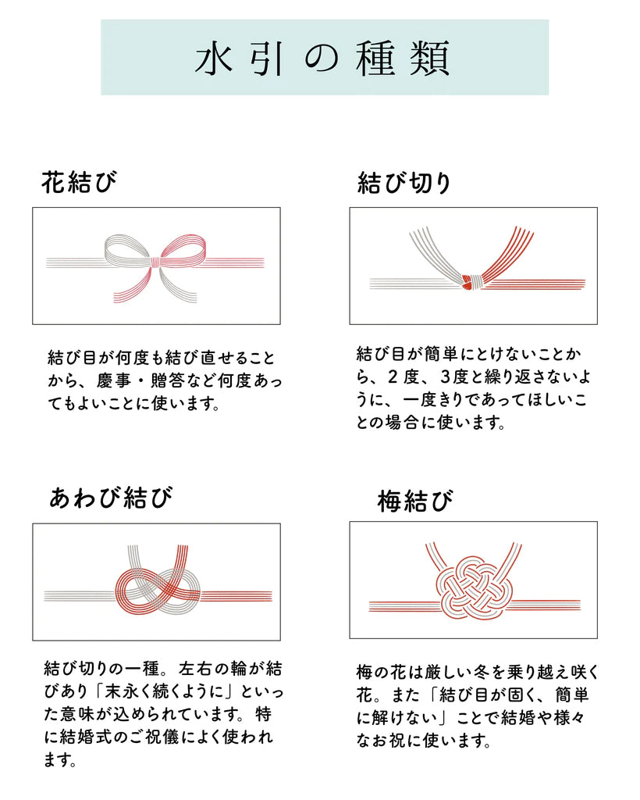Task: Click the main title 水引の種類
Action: (323, 59)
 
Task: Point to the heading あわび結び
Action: (110, 497)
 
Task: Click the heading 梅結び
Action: (414, 501)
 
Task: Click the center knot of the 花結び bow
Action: (156, 262)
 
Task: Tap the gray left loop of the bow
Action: (126, 249)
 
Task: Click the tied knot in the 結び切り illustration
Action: (471, 281)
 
